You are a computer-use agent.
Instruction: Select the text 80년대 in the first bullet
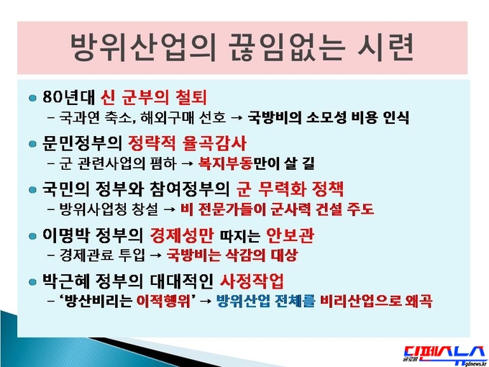click(68, 97)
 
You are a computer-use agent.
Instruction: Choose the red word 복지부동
click(225, 163)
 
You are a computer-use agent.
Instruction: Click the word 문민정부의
click(82, 143)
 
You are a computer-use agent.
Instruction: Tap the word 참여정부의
click(190, 189)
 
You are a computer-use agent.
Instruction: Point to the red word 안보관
click(290, 235)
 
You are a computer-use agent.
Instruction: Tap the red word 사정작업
click(252, 281)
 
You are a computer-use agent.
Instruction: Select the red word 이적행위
click(163, 302)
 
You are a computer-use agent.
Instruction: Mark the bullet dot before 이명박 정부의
click(32, 236)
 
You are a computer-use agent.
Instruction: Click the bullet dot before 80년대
click(32, 98)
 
